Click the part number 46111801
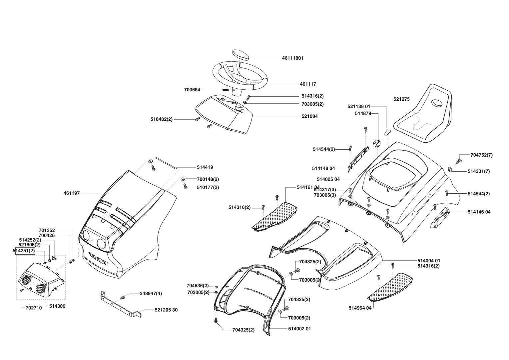[x=292, y=58]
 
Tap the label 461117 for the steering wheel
[x=308, y=84]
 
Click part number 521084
[x=309, y=116]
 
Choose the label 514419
[x=205, y=167]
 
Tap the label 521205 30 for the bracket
[x=166, y=310]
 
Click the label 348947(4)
[x=151, y=294]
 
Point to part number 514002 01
[x=299, y=329]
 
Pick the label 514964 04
[x=360, y=308]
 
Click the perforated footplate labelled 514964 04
[x=391, y=286]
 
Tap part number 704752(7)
[x=481, y=155]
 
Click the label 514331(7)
[x=479, y=171]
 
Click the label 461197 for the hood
[x=72, y=193]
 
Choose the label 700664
[x=192, y=90]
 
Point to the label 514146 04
[x=479, y=212]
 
